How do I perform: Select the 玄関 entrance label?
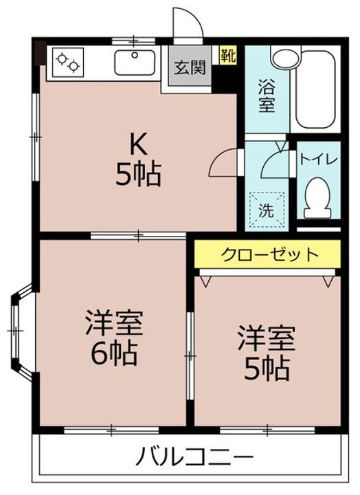click(189, 67)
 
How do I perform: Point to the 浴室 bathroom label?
click(266, 96)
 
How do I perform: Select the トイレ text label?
click(317, 159)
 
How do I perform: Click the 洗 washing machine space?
click(265, 207)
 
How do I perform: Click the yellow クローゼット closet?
click(269, 254)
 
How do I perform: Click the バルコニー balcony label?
click(194, 456)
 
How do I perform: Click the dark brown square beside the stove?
click(39, 52)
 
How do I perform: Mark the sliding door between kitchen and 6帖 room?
click(137, 236)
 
